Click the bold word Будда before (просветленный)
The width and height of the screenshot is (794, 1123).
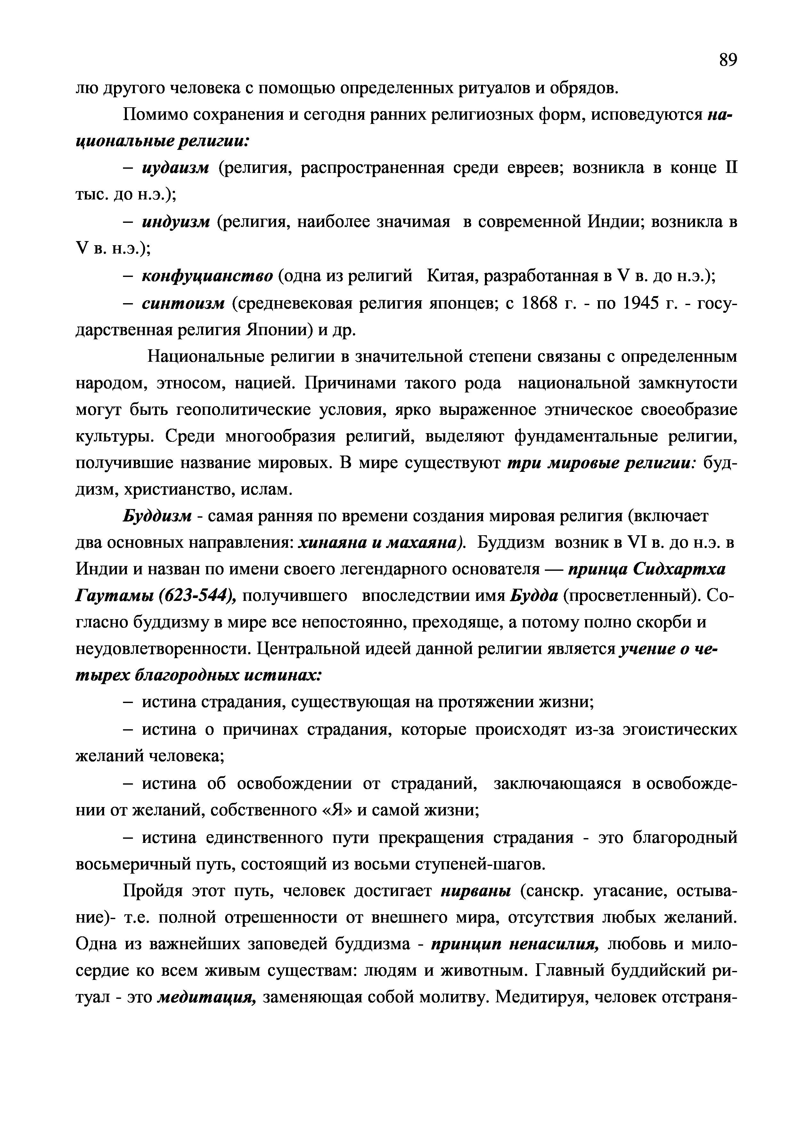tap(534, 596)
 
